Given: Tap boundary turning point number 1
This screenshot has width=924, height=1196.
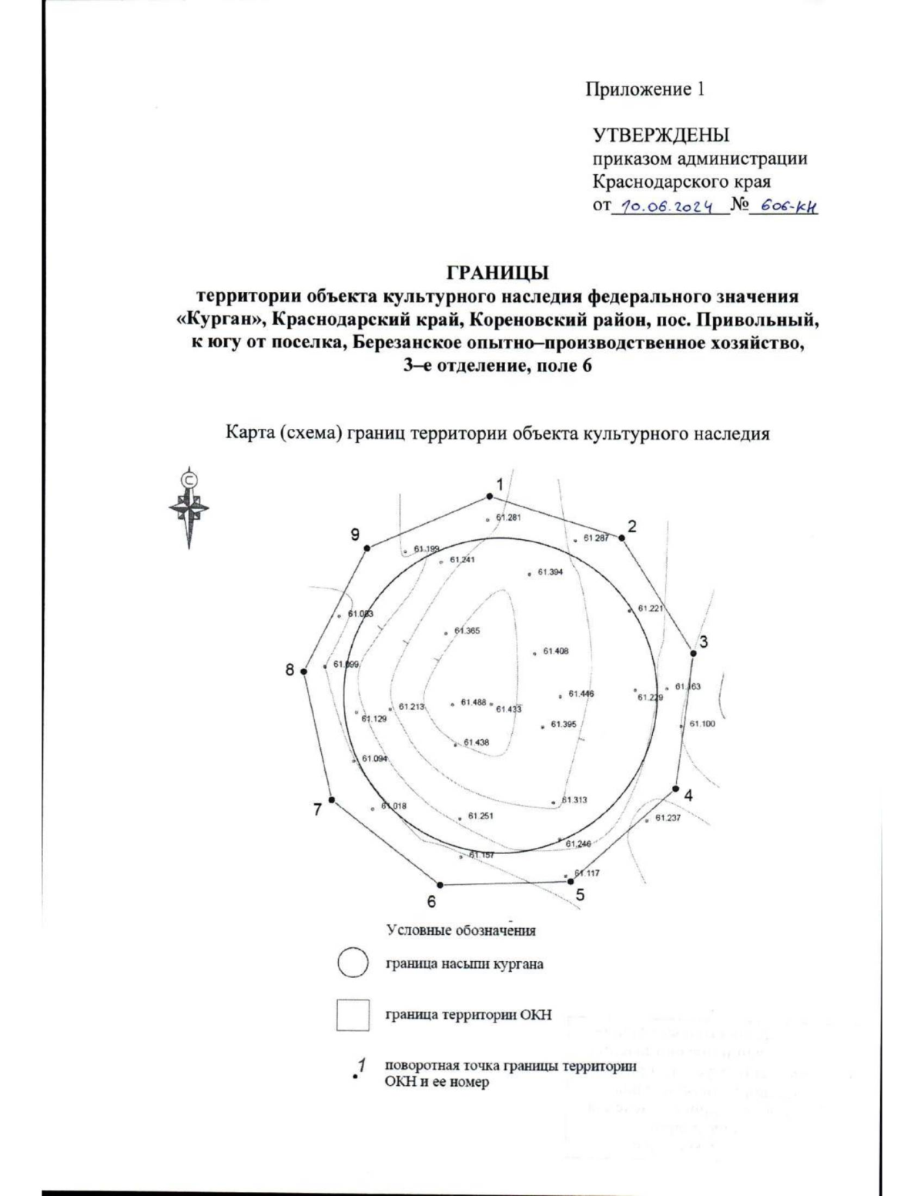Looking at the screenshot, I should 488,497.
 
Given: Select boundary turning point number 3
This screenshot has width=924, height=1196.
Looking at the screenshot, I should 693,653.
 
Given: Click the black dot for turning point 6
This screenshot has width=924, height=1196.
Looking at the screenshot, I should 440,885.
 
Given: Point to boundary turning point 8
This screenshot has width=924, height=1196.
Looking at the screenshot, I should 303,672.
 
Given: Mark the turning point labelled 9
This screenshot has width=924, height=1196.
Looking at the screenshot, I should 367,548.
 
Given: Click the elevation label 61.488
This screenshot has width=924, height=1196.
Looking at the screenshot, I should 473,702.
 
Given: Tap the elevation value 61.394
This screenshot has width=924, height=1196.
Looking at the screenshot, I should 550,572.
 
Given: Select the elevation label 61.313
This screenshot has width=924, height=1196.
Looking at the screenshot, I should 574,800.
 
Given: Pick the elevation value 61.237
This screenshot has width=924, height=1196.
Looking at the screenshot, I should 668,818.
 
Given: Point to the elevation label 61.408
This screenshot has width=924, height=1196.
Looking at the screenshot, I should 555,652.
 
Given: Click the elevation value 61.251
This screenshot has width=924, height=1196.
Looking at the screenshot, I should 480,816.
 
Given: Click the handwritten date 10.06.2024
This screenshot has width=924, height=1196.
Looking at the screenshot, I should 668,206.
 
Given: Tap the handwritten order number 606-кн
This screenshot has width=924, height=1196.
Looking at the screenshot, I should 783,206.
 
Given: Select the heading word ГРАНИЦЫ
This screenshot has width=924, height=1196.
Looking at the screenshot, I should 497,273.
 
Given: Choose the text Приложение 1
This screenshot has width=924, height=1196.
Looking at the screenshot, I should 644,90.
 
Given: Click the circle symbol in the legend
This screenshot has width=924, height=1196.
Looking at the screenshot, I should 352,963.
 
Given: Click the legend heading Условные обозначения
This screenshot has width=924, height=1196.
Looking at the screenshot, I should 460,930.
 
